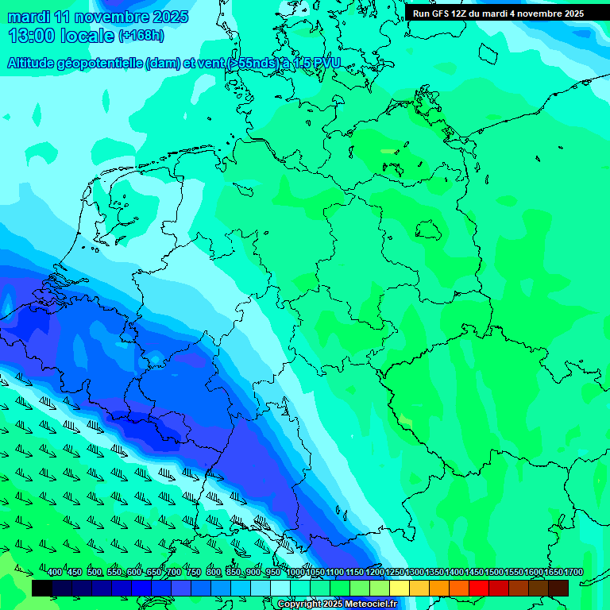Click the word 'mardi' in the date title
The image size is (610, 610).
(28, 17)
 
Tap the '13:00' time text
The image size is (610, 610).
(32, 36)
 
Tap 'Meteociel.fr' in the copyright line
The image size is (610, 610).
(366, 604)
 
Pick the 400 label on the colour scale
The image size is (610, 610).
(54, 573)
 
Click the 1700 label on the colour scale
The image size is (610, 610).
(573, 573)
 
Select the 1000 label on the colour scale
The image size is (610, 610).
(295, 573)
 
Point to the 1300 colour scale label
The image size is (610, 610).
(415, 573)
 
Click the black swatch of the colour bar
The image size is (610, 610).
(42, 588)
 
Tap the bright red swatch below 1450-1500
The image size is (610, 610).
(479, 588)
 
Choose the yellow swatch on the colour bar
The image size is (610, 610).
(400, 588)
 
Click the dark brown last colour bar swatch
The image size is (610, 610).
(558, 588)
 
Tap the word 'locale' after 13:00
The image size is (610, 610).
(87, 36)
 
